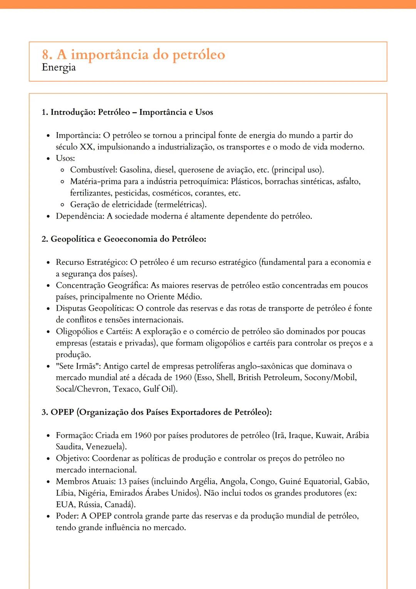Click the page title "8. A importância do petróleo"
click(133, 55)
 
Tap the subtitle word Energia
click(59, 67)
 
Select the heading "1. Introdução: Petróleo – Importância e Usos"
click(127, 112)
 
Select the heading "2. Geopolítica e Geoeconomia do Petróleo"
click(124, 239)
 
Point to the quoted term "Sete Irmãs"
click(78, 366)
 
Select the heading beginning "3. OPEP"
click(156, 412)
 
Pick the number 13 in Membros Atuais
click(122, 481)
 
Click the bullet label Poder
click(67, 516)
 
